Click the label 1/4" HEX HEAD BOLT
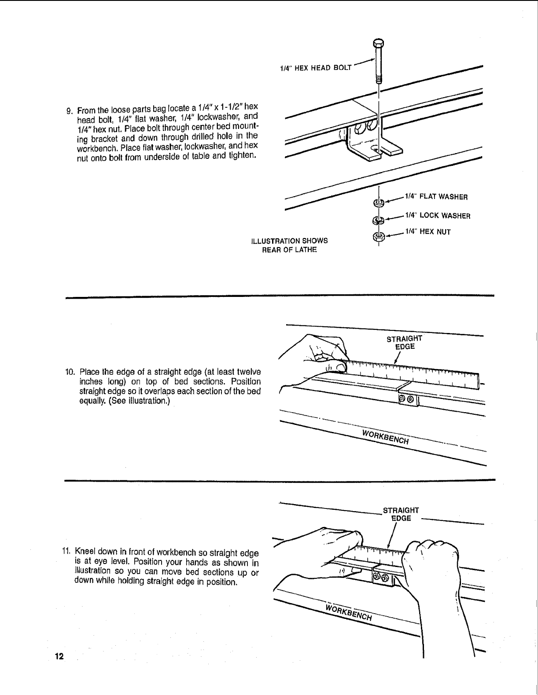(316, 67)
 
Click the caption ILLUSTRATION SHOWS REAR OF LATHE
(289, 245)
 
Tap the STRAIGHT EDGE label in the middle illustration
(404, 342)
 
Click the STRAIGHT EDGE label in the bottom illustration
(401, 514)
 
